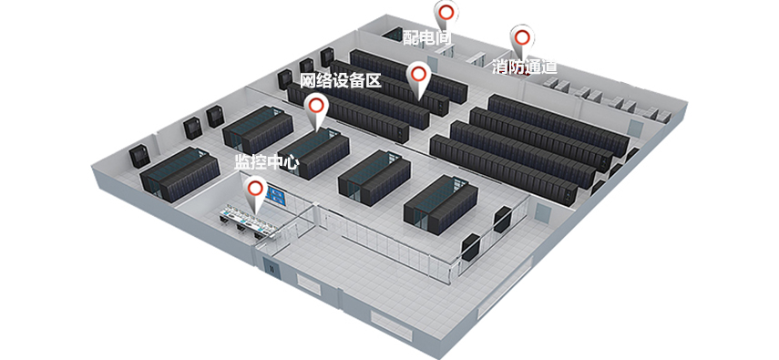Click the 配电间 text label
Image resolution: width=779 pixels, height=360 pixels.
click(426, 36)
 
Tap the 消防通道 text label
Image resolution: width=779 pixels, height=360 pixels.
click(525, 67)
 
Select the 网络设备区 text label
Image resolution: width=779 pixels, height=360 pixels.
click(341, 80)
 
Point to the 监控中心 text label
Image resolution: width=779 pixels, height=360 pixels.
click(267, 162)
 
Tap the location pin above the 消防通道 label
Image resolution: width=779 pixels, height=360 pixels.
click(522, 41)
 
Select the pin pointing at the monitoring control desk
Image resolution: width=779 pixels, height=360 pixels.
click(256, 191)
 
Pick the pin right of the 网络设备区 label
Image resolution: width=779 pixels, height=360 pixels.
click(418, 77)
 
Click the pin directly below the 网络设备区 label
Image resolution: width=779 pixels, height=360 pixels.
click(316, 109)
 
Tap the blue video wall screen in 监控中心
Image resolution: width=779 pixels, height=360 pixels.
click(276, 197)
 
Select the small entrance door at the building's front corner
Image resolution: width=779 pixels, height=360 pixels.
click(272, 268)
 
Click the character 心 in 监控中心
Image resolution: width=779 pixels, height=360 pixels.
click(292, 162)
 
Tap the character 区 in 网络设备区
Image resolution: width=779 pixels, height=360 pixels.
click(374, 80)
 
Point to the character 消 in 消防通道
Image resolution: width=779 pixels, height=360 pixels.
click(500, 67)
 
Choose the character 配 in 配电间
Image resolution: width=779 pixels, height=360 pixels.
click(410, 36)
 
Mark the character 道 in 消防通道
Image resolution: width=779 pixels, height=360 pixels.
click(549, 67)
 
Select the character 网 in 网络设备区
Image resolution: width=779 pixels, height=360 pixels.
click(308, 80)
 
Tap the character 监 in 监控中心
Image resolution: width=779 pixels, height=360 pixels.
click(242, 162)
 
